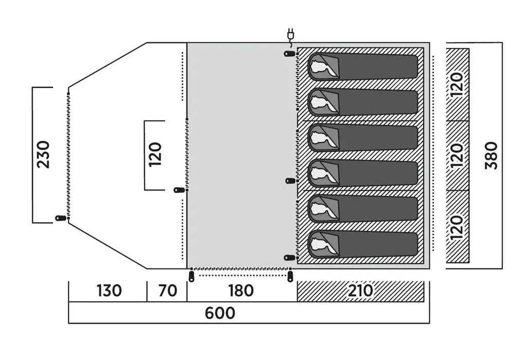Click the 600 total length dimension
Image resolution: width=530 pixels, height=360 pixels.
point(221,313)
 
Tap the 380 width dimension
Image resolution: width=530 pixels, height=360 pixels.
point(491,155)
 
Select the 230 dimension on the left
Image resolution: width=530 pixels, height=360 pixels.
point(44,154)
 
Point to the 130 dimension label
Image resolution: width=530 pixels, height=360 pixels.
point(109,291)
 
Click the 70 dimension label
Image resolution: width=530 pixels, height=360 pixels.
point(167,291)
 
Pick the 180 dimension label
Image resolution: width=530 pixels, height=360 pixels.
point(241,291)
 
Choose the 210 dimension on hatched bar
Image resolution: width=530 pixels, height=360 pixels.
point(360,291)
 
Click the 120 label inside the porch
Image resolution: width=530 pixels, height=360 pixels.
point(155,154)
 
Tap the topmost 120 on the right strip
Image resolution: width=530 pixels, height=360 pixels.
point(458,85)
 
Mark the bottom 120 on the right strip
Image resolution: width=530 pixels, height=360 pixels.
point(458,227)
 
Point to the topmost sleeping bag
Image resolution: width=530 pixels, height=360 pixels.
point(363,67)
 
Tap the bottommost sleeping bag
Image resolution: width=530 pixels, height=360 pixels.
point(363,244)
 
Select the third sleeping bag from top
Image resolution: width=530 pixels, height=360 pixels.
point(363,138)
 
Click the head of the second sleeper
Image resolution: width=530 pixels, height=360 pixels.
point(322,103)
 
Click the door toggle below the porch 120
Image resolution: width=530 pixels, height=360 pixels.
point(179,190)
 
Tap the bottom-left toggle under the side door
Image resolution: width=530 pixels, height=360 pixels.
point(192,277)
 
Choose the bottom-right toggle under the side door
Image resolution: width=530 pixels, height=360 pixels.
point(290,277)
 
